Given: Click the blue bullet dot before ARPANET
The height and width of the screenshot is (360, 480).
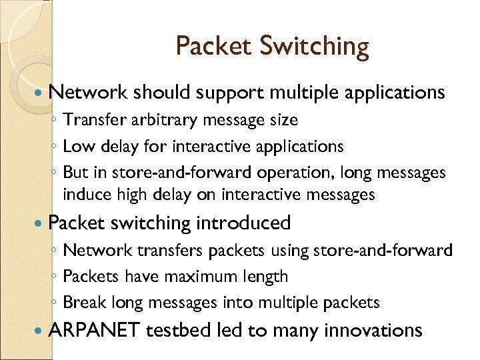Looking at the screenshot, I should pos(38,330).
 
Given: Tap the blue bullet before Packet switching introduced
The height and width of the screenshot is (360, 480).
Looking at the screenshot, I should pos(38,223).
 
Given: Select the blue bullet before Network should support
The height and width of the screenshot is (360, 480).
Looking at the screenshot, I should pos(38,92).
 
